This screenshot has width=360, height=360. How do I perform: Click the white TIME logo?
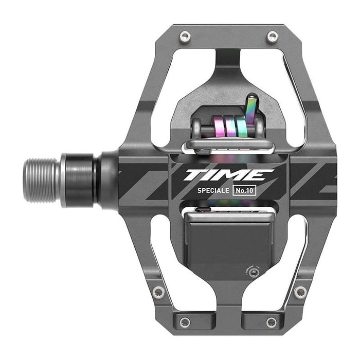[228, 175]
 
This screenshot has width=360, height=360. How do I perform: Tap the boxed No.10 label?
[244, 190]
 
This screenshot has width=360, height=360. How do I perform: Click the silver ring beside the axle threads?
[64, 180]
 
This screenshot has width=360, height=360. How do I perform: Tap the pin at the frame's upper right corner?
[273, 37]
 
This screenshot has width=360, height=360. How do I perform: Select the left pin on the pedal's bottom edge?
[185, 322]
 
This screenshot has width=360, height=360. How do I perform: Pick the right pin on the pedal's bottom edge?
[272, 322]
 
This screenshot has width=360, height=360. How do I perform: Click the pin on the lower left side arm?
[158, 292]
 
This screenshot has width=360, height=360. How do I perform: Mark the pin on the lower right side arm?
[300, 292]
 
